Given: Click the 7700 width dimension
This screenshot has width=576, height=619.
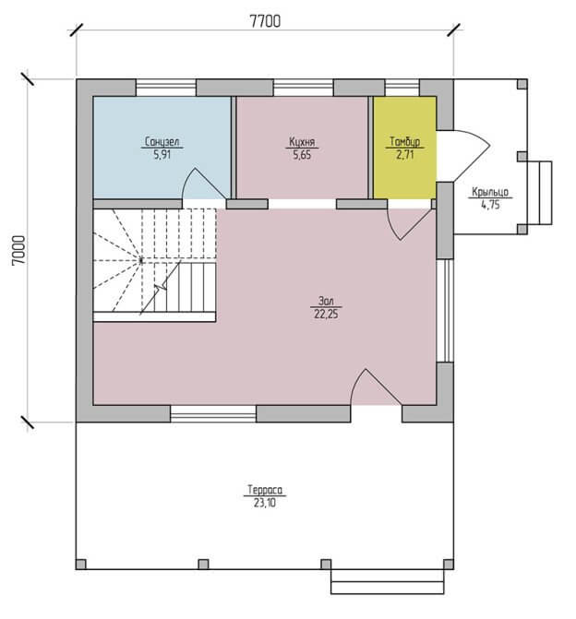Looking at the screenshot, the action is tap(265, 21).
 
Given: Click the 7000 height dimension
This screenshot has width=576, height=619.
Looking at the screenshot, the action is tap(19, 250).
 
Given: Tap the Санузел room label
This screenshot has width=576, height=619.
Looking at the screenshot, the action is tap(162, 141).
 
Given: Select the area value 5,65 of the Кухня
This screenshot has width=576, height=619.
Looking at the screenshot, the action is tap(302, 155).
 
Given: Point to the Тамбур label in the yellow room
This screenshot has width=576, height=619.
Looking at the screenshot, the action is tap(405, 141).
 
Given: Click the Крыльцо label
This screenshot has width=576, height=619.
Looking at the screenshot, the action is tap(490, 192).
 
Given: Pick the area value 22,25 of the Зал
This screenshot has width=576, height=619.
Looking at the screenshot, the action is tap(326, 315).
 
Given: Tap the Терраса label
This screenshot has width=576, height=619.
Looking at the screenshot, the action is tap(265, 490).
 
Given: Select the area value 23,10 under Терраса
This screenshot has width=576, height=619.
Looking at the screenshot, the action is tap(265, 504).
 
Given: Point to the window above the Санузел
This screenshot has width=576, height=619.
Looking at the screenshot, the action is tap(166, 88).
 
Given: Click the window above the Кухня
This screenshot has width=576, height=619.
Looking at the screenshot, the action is tap(304, 88).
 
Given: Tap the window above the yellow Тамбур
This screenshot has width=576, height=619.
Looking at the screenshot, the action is tap(402, 88).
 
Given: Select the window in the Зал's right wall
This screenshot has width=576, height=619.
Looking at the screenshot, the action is tap(445, 310).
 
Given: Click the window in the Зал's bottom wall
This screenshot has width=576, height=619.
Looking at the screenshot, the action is tap(213, 413).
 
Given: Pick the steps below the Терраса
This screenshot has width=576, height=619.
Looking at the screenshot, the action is tap(387, 581).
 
